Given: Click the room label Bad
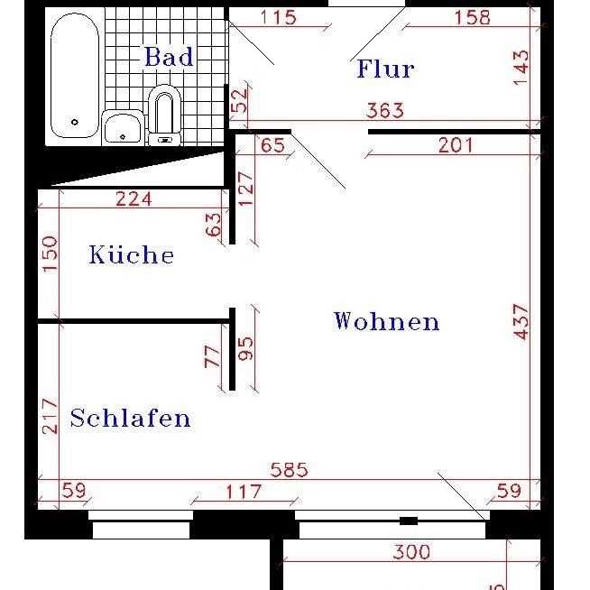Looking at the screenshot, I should click(169, 57).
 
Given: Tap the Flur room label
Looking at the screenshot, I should click(385, 69).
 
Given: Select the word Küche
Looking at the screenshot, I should click(131, 255).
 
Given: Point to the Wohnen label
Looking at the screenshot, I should click(386, 321).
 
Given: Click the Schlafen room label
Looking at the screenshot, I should click(130, 419).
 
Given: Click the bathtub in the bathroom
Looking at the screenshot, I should click(74, 78).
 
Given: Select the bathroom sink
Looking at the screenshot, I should click(123, 127).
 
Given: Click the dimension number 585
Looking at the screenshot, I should click(290, 469).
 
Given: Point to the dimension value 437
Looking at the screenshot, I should click(521, 321).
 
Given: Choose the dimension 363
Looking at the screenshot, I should click(385, 111).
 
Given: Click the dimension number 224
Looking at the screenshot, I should click(134, 198).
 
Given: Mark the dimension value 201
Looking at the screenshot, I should click(456, 144).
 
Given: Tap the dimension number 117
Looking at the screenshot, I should click(243, 492).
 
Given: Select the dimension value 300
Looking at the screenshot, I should click(411, 551).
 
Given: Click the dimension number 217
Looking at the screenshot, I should click(50, 416).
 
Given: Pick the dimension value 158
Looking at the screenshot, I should click(472, 16).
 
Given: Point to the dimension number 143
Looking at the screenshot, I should click(521, 68).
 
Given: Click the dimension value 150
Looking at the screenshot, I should click(50, 254).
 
